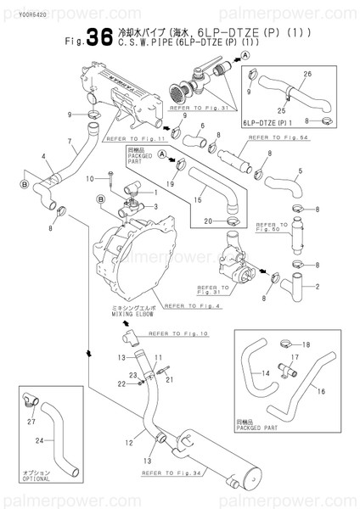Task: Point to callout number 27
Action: click(31, 421)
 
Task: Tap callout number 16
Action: click(322, 393)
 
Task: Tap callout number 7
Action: click(69, 141)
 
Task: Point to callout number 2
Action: click(317, 287)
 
